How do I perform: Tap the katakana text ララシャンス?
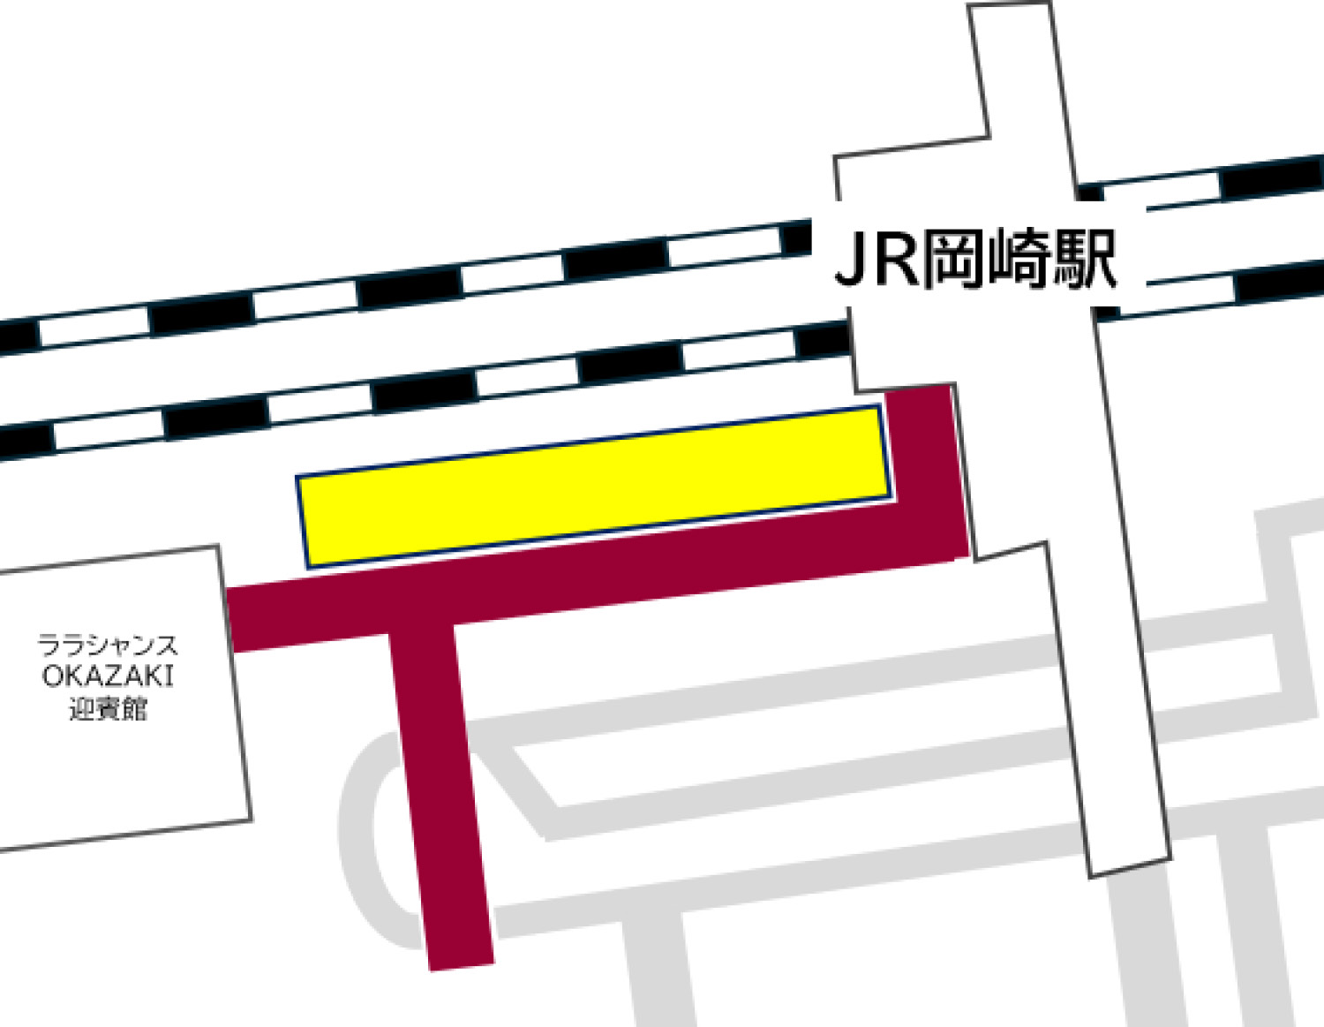click(x=107, y=646)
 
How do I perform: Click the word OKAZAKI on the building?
click(x=107, y=676)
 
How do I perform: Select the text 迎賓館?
click(x=107, y=708)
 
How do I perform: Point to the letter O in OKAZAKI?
click(x=52, y=676)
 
